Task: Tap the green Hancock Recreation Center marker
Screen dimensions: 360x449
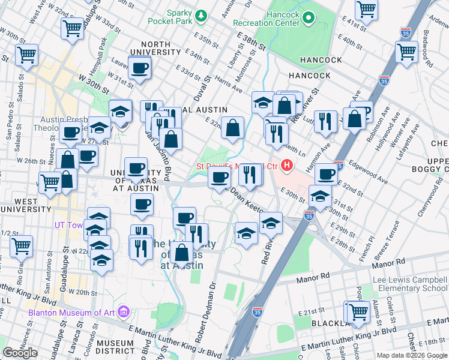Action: (x=309, y=18)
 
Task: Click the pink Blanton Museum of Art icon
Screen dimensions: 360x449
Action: (x=124, y=311)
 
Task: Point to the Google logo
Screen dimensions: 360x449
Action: (x=20, y=353)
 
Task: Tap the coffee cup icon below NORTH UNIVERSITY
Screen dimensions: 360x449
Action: (x=140, y=68)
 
